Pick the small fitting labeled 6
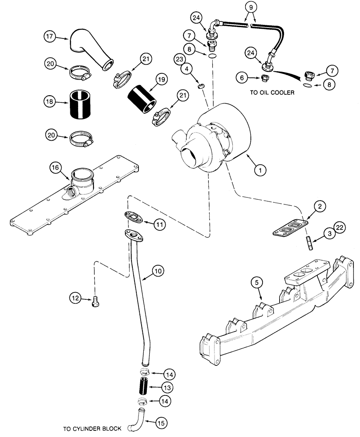click(264, 79)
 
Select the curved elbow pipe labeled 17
click(90, 50)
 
